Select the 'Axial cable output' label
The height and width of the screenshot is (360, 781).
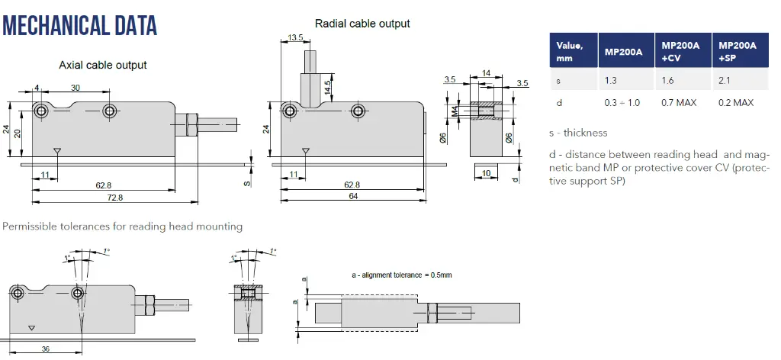[x=103, y=65]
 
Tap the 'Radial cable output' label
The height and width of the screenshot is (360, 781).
[x=362, y=24]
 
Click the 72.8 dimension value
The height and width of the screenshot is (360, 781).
[x=114, y=198]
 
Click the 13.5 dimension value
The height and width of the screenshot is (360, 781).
[x=297, y=37]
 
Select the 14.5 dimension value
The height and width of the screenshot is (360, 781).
[x=327, y=88]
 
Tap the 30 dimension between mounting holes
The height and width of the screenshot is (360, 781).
[x=75, y=88]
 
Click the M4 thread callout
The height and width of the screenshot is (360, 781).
[x=454, y=112]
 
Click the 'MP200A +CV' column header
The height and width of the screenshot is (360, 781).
[x=680, y=51]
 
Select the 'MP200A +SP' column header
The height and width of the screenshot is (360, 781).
[x=738, y=51]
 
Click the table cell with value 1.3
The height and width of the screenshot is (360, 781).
[x=611, y=79]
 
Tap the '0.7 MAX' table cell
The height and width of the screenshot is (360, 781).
[x=679, y=102]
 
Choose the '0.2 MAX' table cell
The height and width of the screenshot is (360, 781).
[x=736, y=102]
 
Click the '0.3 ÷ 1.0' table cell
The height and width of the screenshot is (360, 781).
[x=622, y=102]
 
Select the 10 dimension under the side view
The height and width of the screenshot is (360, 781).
[x=487, y=174]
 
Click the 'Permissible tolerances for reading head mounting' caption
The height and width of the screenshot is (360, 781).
[x=123, y=227]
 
